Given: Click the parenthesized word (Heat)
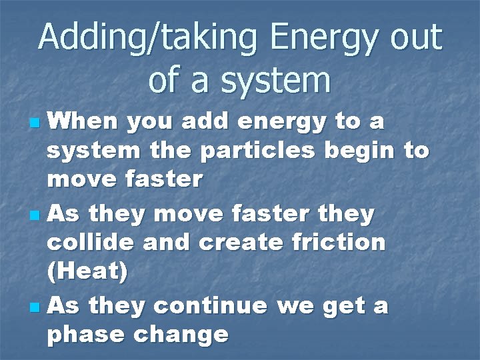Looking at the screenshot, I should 87,271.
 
